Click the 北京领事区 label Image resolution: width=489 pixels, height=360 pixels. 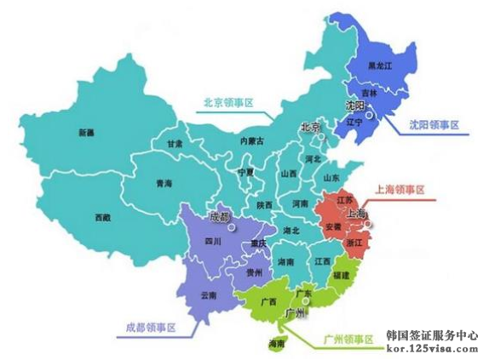pyautogui.click(x=228, y=103)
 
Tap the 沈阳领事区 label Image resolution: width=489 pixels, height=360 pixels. pyautogui.click(x=430, y=125)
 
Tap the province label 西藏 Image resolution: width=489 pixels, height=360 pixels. pyautogui.click(x=102, y=217)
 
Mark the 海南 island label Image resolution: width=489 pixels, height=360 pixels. pyautogui.click(x=276, y=344)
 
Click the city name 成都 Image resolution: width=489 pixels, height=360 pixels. pyautogui.click(x=219, y=217)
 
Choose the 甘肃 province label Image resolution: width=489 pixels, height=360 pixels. pyautogui.click(x=175, y=145)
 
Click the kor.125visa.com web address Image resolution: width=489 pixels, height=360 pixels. pyautogui.click(x=432, y=349)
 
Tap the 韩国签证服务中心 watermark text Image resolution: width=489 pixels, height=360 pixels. pyautogui.click(x=432, y=335)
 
